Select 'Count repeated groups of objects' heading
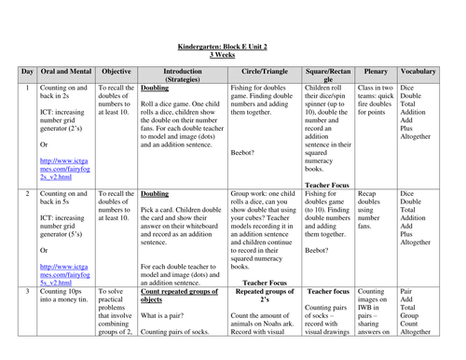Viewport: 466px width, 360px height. [180, 297]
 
